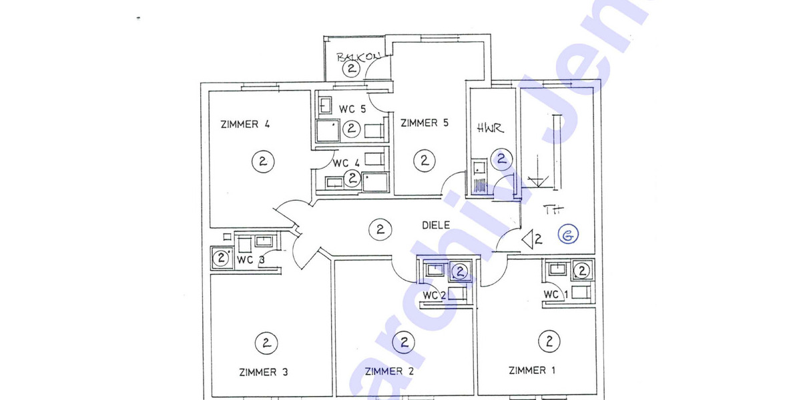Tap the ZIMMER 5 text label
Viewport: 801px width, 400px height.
424,123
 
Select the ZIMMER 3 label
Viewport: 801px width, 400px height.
263,372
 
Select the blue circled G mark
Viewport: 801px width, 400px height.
569,235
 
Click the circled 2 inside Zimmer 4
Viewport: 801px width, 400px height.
263,161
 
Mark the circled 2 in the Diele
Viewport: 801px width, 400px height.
380,230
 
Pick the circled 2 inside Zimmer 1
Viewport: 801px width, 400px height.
549,342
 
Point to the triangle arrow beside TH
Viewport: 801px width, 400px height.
529,238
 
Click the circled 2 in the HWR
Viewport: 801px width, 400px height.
501,159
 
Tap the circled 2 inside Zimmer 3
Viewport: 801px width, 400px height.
265,344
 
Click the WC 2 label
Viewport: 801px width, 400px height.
434,295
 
